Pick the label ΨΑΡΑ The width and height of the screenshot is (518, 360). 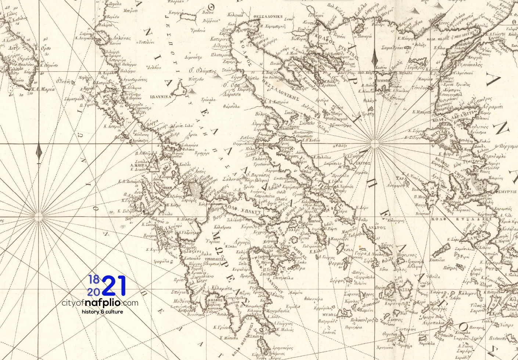point(400,178)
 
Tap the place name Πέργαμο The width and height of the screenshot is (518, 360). point(506,146)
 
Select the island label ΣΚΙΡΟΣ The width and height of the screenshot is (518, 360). point(363,163)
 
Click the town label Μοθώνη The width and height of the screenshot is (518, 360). point(181,300)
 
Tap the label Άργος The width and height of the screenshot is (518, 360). point(241,243)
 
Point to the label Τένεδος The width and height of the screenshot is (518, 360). point(420,88)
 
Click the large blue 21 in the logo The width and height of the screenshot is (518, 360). point(114,286)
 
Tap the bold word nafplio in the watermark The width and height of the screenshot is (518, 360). point(103,303)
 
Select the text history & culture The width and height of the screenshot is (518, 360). point(102,312)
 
